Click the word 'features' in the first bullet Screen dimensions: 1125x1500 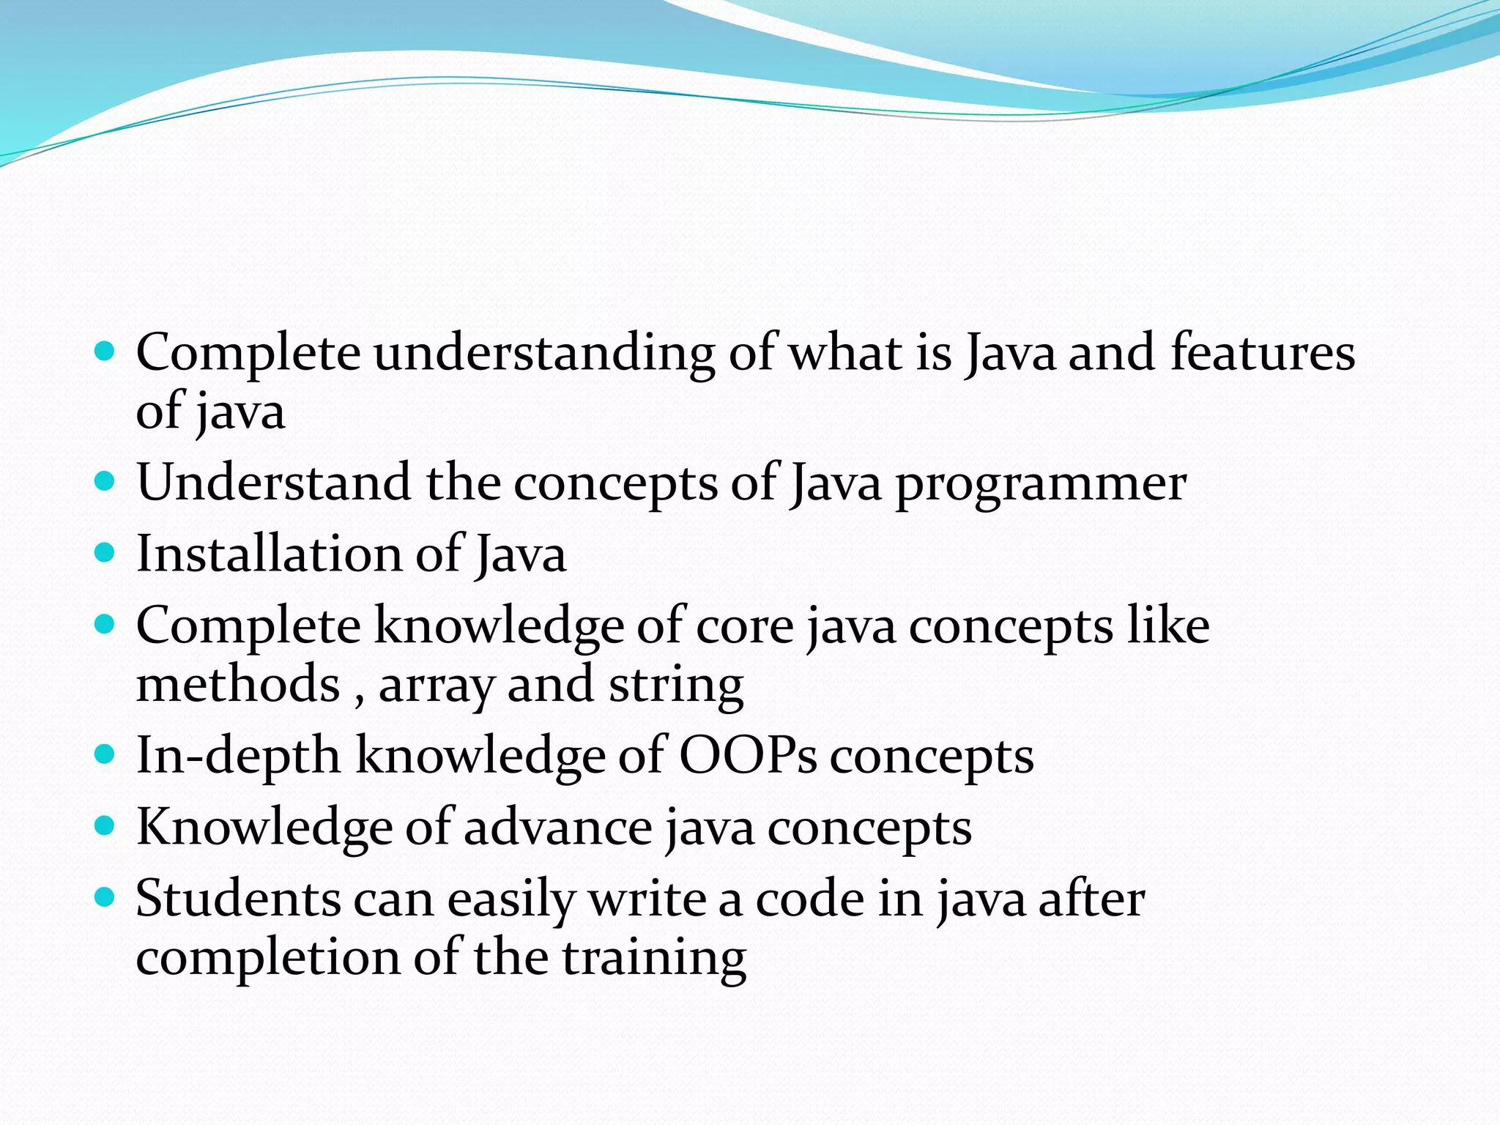tap(1263, 353)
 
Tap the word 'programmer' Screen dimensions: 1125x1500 tap(1041, 484)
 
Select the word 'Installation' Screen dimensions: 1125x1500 tap(269, 554)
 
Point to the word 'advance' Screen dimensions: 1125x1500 tap(557, 828)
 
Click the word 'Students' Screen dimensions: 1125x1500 tap(238, 899)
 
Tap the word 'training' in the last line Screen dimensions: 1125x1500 tap(654, 958)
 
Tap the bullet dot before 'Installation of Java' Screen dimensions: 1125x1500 tap(105, 552)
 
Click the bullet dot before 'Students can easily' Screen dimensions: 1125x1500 tap(105, 896)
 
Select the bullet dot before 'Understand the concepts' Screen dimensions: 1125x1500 tap(105, 481)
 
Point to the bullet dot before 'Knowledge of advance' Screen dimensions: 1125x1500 tap(105, 825)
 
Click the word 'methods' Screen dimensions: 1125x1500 tap(238, 684)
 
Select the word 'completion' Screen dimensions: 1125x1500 tap(267, 958)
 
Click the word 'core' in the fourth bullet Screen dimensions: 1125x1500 tap(744, 627)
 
